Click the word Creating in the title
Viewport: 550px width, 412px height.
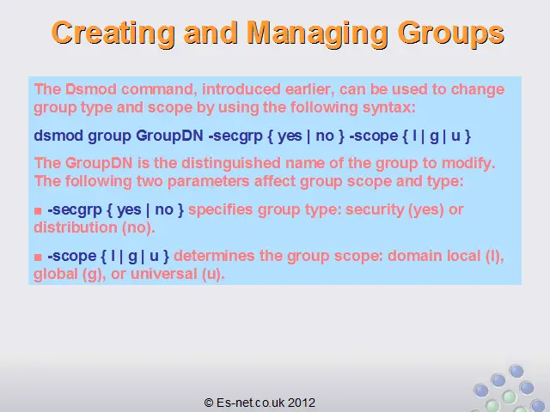(113, 33)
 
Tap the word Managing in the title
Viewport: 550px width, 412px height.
(317, 33)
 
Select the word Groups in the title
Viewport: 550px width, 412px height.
(451, 33)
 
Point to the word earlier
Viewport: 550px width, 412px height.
(309, 89)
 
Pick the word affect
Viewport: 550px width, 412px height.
(275, 181)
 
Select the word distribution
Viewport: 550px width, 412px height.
(76, 227)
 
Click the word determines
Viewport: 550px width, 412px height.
(214, 256)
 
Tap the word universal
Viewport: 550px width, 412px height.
(164, 274)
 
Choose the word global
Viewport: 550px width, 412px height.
(56, 275)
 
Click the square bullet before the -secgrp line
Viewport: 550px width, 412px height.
(38, 211)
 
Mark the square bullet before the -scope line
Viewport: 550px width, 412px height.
(38, 257)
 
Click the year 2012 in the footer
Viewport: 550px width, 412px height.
(302, 403)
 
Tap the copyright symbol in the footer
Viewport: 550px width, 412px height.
(209, 403)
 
